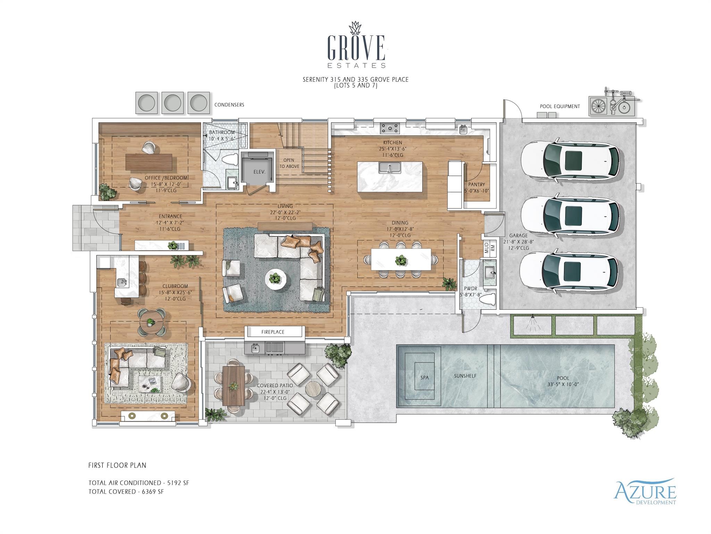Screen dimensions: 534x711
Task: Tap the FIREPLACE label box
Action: pos(273,332)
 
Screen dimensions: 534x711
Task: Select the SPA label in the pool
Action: pos(424,377)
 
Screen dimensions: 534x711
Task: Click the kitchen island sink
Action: pos(390,168)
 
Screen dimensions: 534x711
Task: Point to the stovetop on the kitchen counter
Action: pos(390,128)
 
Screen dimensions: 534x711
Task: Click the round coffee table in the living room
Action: pos(275,279)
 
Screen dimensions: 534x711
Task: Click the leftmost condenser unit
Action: pos(146,103)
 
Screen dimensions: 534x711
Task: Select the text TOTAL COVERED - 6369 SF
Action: pos(126,492)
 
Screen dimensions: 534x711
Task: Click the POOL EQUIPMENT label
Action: pos(560,106)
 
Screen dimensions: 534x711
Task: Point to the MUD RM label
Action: pos(489,248)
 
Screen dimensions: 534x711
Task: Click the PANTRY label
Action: pos(476,185)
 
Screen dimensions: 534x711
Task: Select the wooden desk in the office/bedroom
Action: pos(149,162)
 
